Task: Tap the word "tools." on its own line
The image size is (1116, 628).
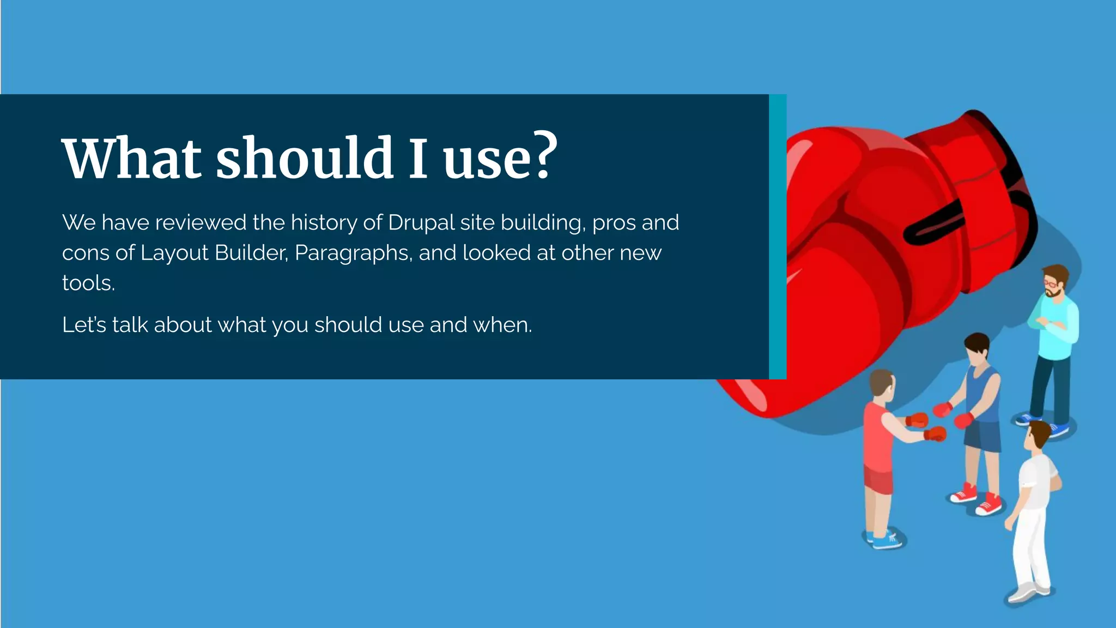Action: [x=88, y=283]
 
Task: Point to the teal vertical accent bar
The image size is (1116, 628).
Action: [x=778, y=237]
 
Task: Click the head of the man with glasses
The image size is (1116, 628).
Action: [x=1055, y=281]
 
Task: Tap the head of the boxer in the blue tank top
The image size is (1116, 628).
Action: [x=977, y=349]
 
